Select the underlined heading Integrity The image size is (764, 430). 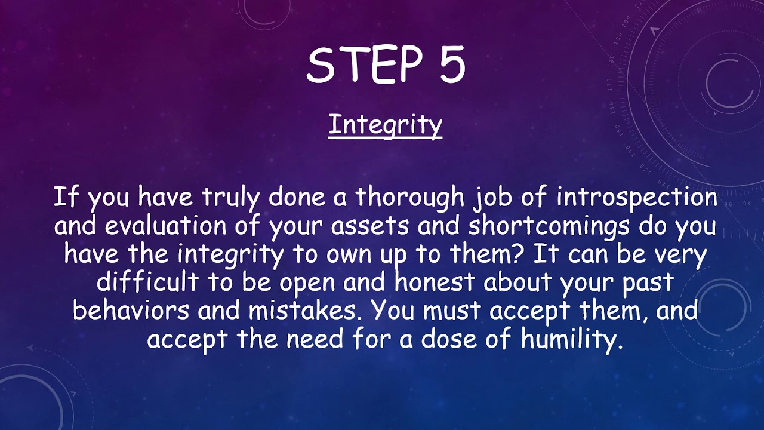[385, 125]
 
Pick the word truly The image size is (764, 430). [232, 198]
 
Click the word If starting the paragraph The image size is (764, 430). [62, 198]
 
